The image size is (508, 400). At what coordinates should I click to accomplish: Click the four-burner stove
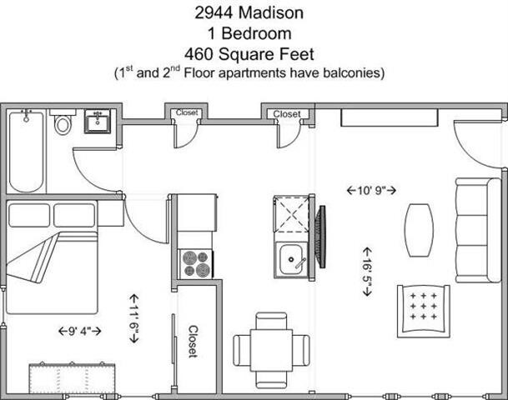[197, 263]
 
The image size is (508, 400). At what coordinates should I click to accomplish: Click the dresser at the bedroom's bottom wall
[71, 377]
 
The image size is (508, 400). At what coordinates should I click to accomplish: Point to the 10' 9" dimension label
[371, 190]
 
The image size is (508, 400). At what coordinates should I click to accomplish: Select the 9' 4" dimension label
[80, 331]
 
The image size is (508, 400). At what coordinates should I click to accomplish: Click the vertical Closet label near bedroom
[192, 341]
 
